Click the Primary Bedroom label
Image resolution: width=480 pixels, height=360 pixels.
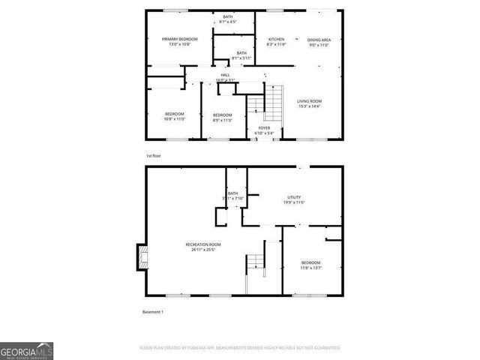point(179,39)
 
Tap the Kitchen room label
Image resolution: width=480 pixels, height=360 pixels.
point(276,39)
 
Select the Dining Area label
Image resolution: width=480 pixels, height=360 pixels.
point(319,39)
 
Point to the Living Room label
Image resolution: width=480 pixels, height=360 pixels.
point(309,100)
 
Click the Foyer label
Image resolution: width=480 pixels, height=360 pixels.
point(264,128)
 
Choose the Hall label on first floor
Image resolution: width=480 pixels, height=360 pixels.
point(225,75)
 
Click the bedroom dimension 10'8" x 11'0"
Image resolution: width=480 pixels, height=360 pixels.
point(175,118)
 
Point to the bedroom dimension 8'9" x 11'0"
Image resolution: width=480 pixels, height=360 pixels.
point(223,118)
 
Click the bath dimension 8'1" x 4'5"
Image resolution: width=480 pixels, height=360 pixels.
point(228,22)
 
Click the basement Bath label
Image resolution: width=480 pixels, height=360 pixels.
point(232,193)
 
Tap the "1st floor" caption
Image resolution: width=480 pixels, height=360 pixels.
point(153,155)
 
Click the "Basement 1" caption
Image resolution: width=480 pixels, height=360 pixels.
point(152,311)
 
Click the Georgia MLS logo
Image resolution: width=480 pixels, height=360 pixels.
point(25,351)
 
